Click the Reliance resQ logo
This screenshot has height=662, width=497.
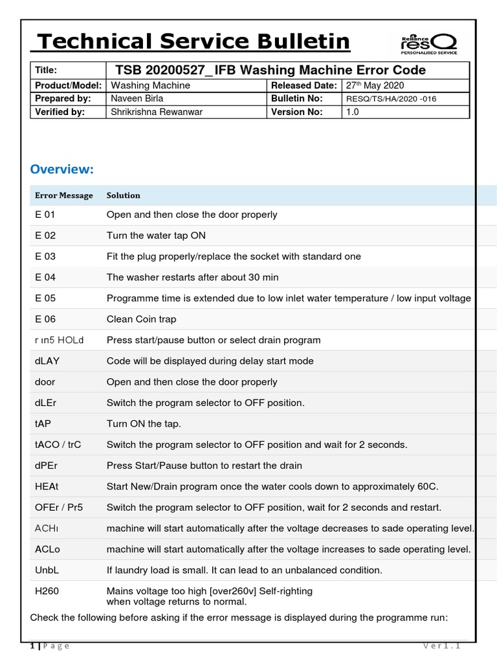(428, 43)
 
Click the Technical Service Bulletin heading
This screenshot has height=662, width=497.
(193, 42)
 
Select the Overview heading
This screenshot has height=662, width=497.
(62, 169)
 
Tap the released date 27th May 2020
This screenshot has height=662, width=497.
(375, 85)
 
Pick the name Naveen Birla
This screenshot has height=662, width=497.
(137, 98)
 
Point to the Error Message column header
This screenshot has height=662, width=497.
(64, 195)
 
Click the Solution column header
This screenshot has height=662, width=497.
(123, 195)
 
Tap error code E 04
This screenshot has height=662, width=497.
(45, 277)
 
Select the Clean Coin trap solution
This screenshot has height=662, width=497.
(141, 319)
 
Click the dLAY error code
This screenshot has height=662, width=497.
(47, 361)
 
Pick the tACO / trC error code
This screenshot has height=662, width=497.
(58, 445)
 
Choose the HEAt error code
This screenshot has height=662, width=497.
(46, 487)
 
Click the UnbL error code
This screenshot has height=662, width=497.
(46, 570)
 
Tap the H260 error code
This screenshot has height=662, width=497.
(47, 591)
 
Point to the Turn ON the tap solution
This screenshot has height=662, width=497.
(144, 424)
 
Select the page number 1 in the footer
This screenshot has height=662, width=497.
(32, 646)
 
